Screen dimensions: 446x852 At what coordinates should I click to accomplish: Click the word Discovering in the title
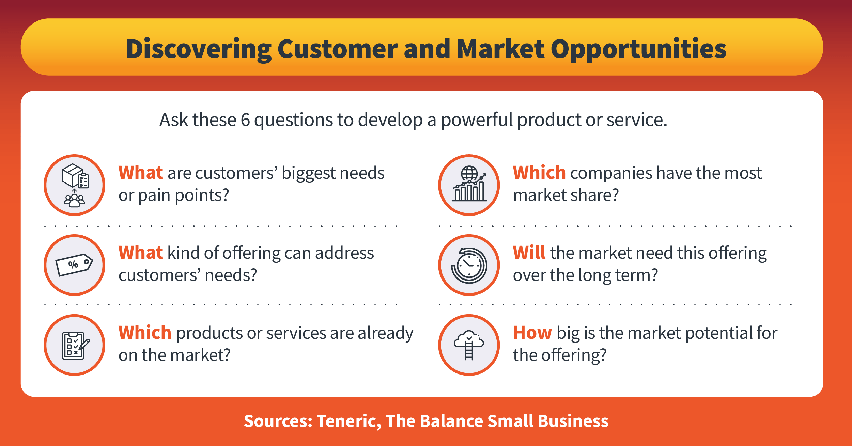point(198,49)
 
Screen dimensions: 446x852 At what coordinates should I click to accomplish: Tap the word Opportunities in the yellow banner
point(638,49)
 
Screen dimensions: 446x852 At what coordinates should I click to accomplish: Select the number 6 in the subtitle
point(245,120)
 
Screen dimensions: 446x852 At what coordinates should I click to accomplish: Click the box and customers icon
point(74,185)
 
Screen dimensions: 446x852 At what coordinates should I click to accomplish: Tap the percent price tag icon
point(74,265)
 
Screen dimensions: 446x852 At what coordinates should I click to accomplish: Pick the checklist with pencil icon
point(74,345)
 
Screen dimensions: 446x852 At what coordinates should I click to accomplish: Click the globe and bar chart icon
point(469,185)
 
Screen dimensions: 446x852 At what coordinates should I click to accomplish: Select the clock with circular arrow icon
point(469,265)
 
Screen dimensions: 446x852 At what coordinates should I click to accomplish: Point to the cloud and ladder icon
point(469,345)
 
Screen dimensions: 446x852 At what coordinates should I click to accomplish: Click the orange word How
point(532,333)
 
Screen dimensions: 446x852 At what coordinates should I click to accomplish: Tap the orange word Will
point(529,253)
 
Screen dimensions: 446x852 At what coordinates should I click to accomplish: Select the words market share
point(566,195)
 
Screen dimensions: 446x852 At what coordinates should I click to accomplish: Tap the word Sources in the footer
point(278,421)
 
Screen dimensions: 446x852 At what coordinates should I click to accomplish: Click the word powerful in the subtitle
point(477,120)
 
